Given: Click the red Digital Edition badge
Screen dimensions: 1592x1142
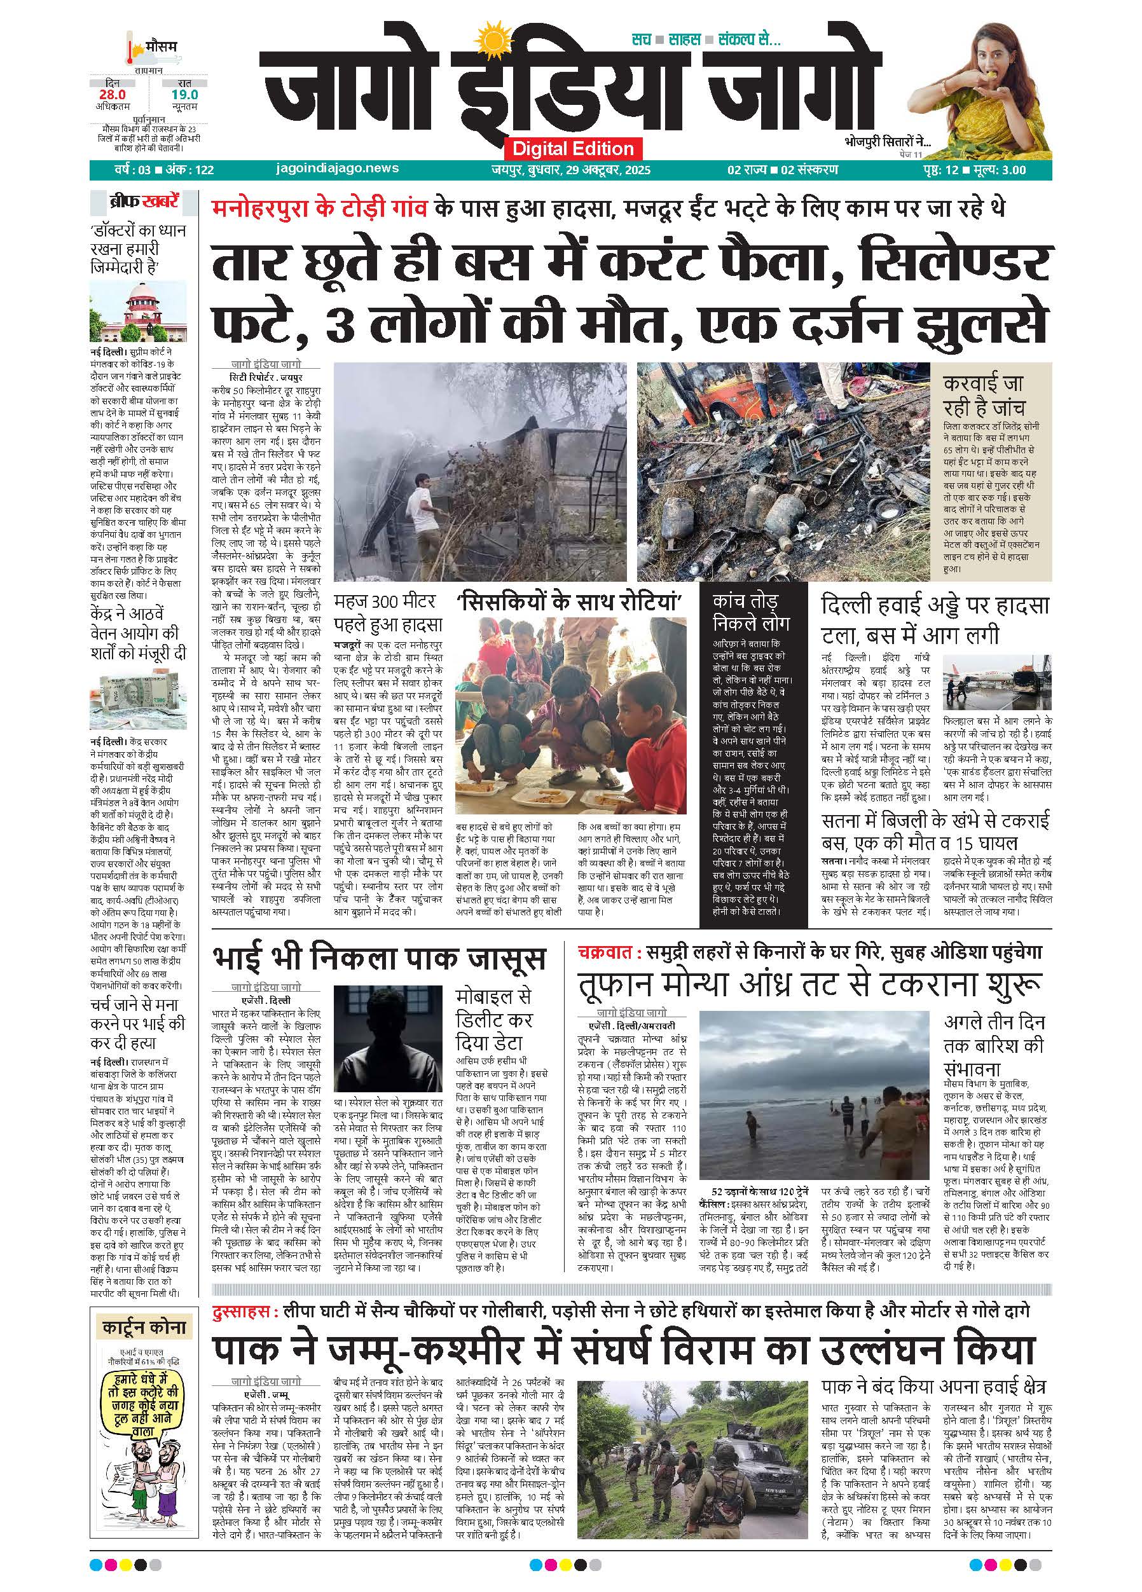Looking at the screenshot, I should pos(572,148).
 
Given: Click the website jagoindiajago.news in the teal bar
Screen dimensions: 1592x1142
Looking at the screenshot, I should pos(338,168).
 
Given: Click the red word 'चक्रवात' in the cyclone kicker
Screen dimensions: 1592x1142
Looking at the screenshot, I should pos(608,952).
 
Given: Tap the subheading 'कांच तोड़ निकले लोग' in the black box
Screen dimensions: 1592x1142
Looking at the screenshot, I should pos(750,612).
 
